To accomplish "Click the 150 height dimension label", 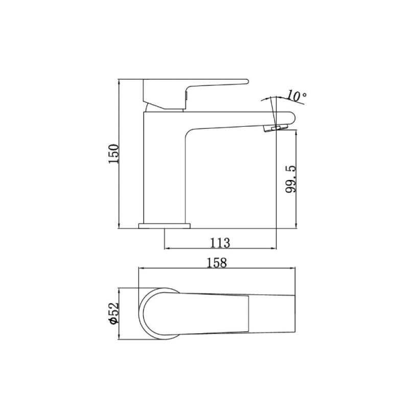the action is [x=113, y=154].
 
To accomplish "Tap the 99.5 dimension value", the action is [x=291, y=179].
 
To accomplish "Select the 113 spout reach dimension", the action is [x=220, y=243].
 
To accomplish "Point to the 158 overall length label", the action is [x=217, y=263].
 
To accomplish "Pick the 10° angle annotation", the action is [x=297, y=96].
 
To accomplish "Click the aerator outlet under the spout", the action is [x=276, y=128].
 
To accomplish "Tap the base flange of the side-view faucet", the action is [x=164, y=226].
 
